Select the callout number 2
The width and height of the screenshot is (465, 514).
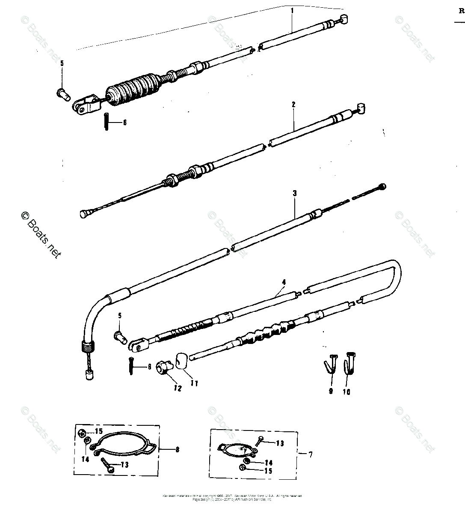293,104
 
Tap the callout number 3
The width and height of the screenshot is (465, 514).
295,193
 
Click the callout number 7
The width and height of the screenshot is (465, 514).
311,454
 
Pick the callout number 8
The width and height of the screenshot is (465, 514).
177,449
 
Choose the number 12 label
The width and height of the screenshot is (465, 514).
178,389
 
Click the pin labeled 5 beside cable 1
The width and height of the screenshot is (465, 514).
62,93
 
